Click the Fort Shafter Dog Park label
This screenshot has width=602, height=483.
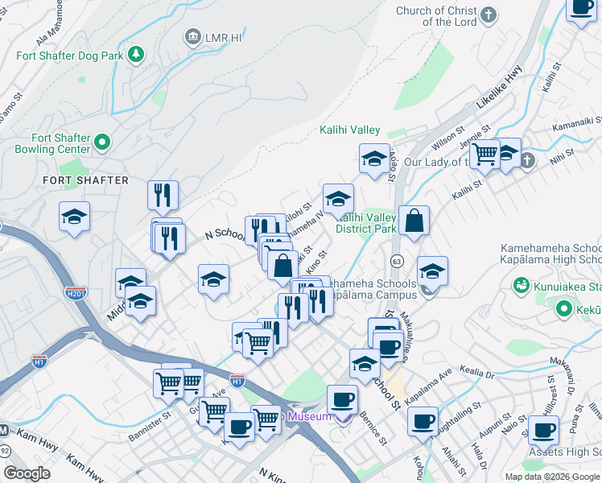pyautogui.click(x=71, y=56)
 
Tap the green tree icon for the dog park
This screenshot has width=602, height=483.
pyautogui.click(x=137, y=55)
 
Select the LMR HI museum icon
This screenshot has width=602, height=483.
pyautogui.click(x=192, y=36)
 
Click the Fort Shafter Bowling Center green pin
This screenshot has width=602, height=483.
pyautogui.click(x=102, y=143)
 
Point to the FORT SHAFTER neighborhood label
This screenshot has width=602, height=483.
pyautogui.click(x=85, y=180)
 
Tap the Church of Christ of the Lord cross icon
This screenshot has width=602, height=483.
pyautogui.click(x=488, y=15)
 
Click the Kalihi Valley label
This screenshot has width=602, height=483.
pyautogui.click(x=350, y=130)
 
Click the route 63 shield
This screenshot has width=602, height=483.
pyautogui.click(x=396, y=262)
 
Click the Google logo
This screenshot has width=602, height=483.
pyautogui.click(x=27, y=473)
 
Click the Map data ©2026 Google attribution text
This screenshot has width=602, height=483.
pyautogui.click(x=551, y=477)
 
